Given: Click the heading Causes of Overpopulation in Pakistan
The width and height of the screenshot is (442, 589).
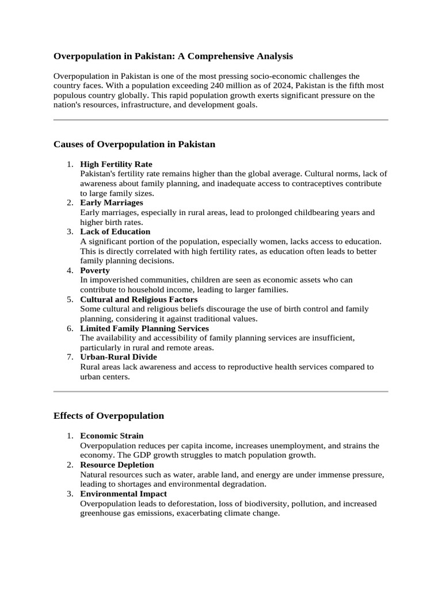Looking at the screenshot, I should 134,144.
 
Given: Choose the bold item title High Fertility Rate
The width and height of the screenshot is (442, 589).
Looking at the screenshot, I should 116,164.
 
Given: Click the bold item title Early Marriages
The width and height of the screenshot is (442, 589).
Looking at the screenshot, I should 112,202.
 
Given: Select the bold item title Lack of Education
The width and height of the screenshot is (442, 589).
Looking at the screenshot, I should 115,231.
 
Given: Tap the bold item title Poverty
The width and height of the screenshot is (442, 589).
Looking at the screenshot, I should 95,270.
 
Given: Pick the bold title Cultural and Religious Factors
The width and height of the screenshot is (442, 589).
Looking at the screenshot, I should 139,299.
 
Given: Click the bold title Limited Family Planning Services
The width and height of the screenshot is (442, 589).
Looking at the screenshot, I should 144,328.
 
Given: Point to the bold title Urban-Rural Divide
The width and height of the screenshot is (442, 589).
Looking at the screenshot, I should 118,357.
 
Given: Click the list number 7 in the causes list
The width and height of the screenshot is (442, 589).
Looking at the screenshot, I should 69,357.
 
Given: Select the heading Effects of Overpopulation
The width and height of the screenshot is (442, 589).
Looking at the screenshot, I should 109,416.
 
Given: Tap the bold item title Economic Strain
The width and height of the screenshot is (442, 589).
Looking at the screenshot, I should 112,435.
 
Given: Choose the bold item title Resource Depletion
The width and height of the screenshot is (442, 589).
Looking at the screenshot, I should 117,464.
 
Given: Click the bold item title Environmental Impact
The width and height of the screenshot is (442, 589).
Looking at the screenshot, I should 123,494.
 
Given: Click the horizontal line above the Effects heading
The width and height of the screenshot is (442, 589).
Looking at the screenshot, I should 221,392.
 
